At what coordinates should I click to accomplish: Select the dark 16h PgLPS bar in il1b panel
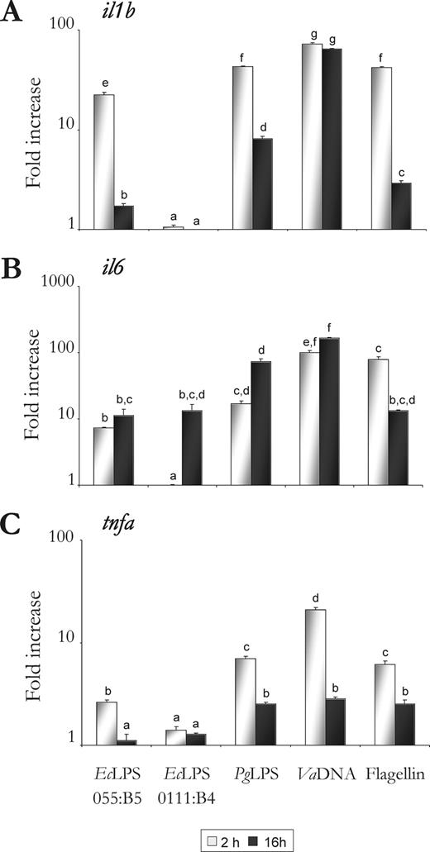264,183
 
